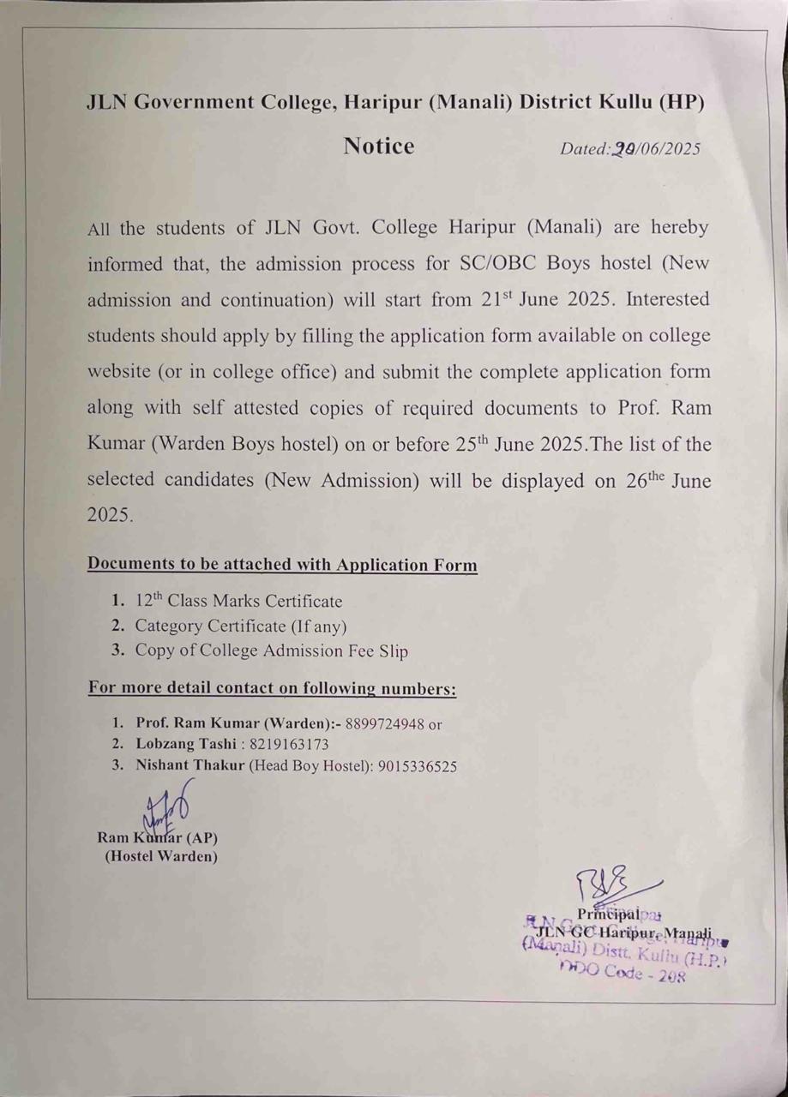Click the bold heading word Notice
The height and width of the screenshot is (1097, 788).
tap(379, 147)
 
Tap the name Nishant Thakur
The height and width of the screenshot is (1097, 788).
tap(190, 767)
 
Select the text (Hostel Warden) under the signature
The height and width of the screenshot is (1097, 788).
tap(160, 856)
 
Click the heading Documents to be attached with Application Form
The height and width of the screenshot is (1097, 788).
tap(282, 566)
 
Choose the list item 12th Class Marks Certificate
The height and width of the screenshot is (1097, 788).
tap(238, 602)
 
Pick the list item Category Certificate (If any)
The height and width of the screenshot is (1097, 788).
tap(240, 626)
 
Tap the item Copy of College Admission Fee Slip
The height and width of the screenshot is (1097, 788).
tap(271, 651)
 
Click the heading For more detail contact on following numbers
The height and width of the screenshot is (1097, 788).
tap(272, 688)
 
